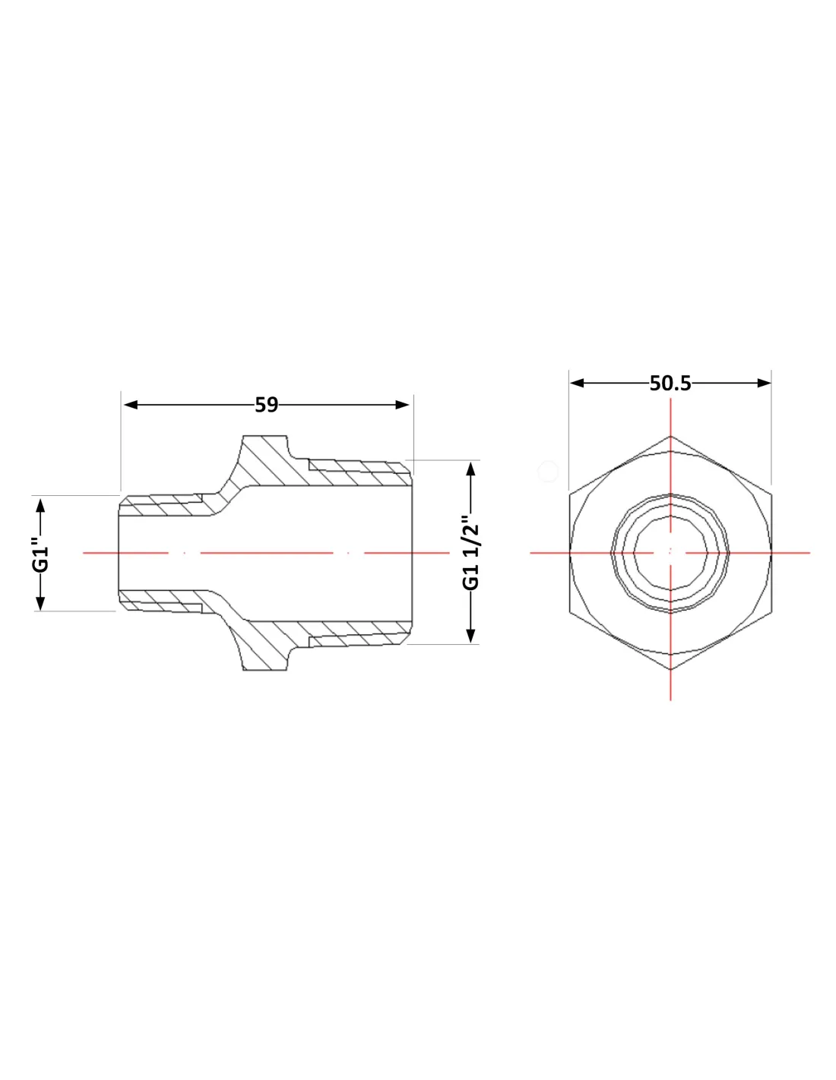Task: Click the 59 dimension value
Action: [x=266, y=405]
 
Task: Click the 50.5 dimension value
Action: [x=670, y=384]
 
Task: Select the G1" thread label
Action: [x=41, y=553]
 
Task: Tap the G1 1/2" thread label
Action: [x=470, y=552]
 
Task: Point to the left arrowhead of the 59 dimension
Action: [x=130, y=405]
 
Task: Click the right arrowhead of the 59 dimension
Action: [x=402, y=405]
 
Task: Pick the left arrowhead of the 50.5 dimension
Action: [x=577, y=384]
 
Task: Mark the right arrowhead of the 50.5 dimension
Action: [x=764, y=384]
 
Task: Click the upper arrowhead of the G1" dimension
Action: [x=41, y=506]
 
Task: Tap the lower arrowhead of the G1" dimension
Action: [x=41, y=603]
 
